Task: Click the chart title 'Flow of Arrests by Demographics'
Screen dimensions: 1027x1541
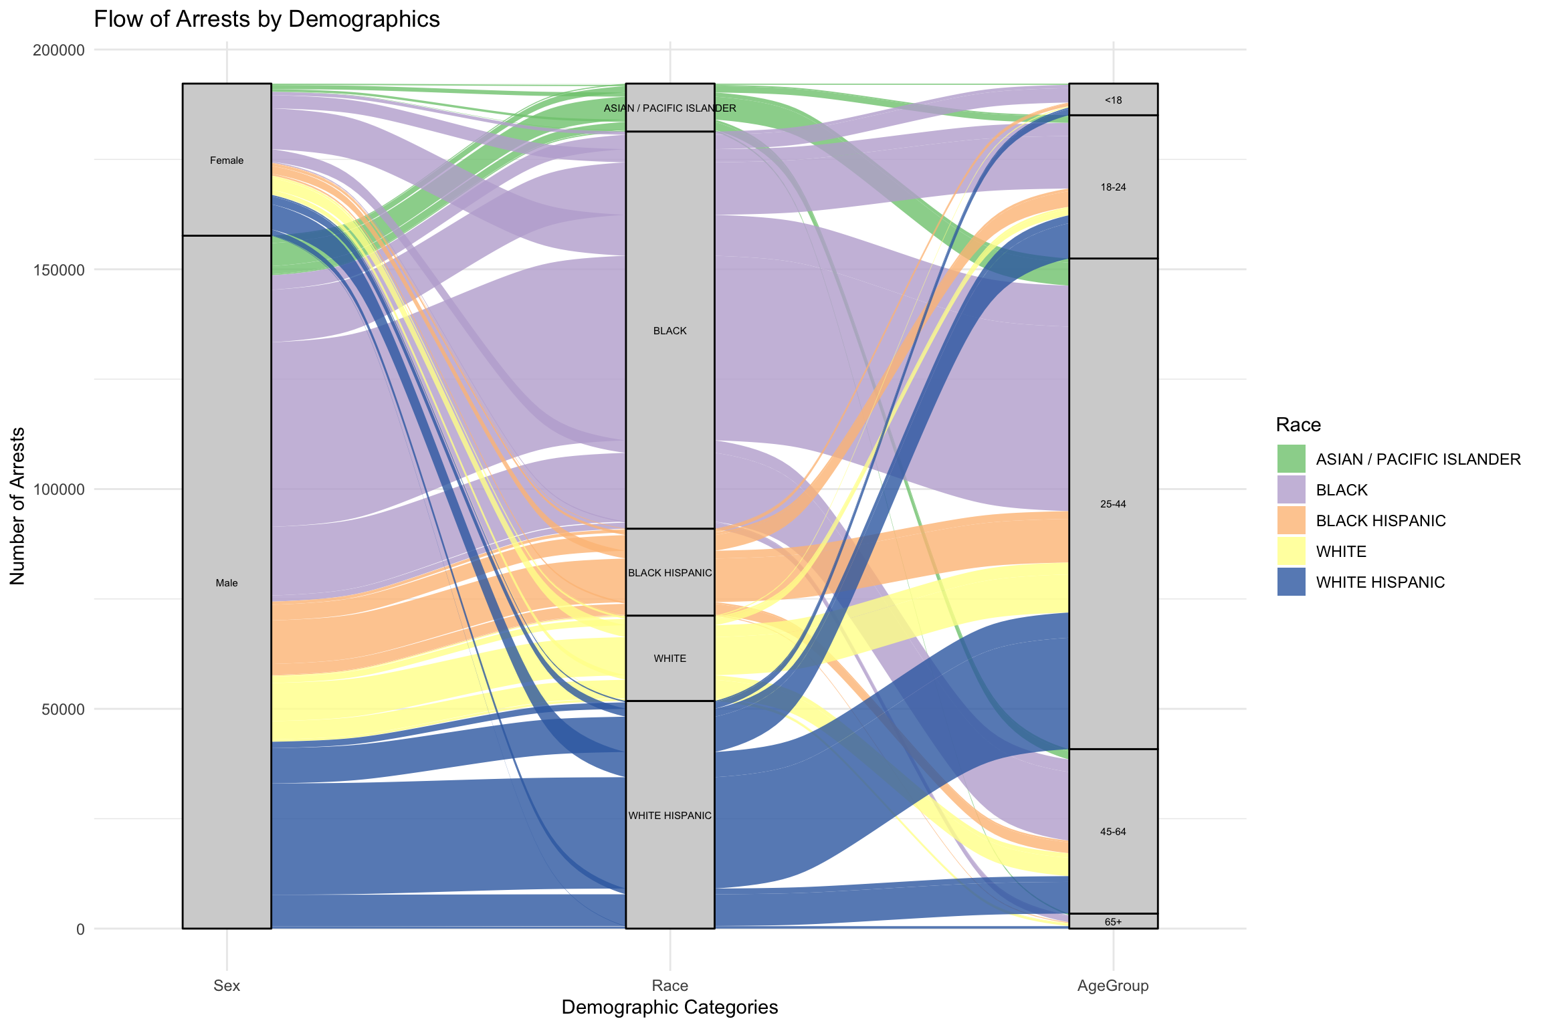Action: (x=266, y=19)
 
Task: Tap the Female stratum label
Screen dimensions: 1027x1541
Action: (x=227, y=160)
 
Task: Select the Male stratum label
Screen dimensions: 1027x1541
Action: (x=227, y=583)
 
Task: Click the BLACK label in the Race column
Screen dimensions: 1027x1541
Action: (x=670, y=331)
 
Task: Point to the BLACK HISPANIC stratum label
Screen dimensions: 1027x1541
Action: (x=670, y=573)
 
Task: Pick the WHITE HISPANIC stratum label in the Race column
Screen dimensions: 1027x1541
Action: (x=670, y=816)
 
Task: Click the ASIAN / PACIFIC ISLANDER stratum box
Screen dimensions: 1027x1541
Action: (x=670, y=108)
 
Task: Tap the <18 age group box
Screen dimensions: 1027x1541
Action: (x=1113, y=100)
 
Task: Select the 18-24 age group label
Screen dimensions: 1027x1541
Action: (x=1113, y=187)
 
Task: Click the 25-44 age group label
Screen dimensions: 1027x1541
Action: (x=1113, y=504)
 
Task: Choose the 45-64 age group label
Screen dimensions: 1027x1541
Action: (x=1113, y=832)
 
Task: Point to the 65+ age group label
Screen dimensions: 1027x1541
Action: (x=1113, y=922)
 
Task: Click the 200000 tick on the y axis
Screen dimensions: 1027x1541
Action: (x=59, y=50)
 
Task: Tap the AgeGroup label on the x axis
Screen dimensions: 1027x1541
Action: (x=1113, y=986)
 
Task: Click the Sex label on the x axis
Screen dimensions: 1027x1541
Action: (x=227, y=986)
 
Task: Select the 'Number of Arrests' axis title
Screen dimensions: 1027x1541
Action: (x=17, y=506)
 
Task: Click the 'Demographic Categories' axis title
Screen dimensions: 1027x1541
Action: (x=670, y=1007)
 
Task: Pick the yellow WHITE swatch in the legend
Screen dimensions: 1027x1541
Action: (x=1291, y=552)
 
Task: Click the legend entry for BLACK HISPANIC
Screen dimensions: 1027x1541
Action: (x=1380, y=521)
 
